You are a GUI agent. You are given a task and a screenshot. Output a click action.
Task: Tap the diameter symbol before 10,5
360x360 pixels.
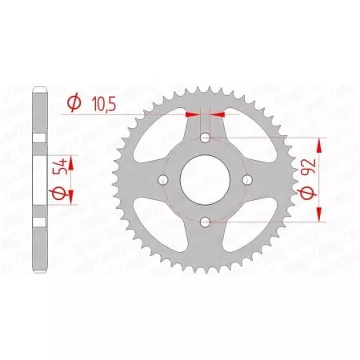74,102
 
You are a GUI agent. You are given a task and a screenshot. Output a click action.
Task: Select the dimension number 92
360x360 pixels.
308,170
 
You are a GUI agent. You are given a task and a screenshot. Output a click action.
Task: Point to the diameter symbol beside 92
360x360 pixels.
308,195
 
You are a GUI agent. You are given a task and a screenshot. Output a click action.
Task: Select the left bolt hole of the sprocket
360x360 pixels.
165,180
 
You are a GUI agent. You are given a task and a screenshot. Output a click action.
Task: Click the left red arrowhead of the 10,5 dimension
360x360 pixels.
192,114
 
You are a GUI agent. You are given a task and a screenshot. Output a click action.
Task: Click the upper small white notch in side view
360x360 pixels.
38,139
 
